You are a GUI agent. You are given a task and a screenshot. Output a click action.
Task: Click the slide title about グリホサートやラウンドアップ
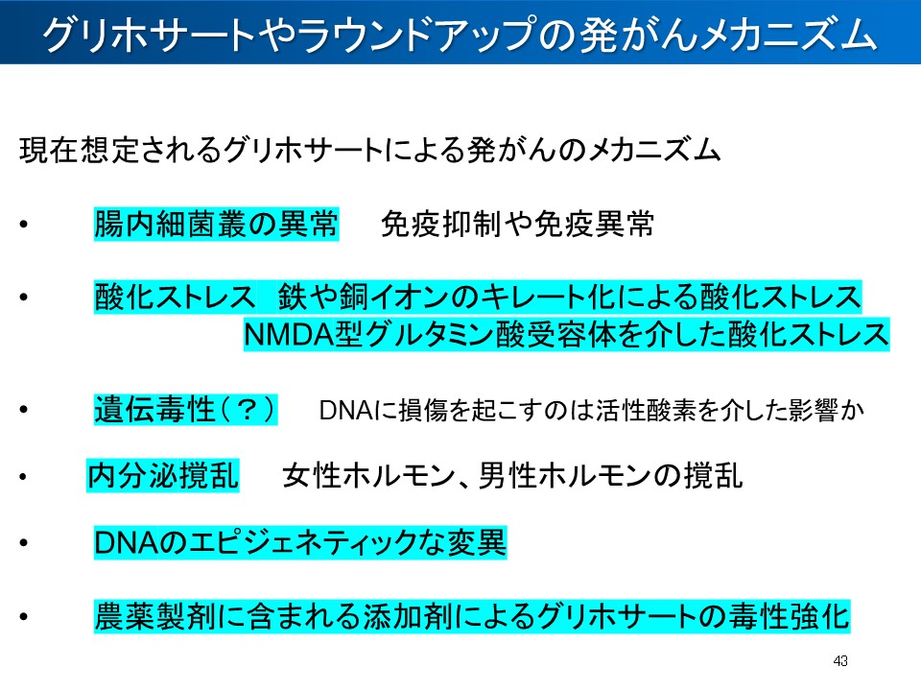(x=460, y=35)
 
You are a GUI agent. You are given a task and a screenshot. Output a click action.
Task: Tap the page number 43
(x=841, y=661)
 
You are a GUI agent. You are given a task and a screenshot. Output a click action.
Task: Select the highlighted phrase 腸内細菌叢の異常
(x=216, y=226)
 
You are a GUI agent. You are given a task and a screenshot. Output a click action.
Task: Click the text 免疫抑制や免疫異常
(x=518, y=226)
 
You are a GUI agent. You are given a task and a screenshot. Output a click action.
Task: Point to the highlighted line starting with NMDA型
(x=566, y=335)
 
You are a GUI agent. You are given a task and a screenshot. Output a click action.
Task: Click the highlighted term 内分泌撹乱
(x=163, y=476)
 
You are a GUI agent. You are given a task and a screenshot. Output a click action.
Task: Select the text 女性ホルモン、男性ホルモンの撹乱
(x=512, y=476)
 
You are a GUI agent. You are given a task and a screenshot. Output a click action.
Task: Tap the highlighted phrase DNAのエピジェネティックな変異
(x=299, y=543)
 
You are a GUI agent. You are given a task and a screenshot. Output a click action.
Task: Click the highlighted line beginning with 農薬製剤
(x=471, y=615)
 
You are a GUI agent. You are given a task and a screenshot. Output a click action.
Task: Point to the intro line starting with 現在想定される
(x=369, y=151)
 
